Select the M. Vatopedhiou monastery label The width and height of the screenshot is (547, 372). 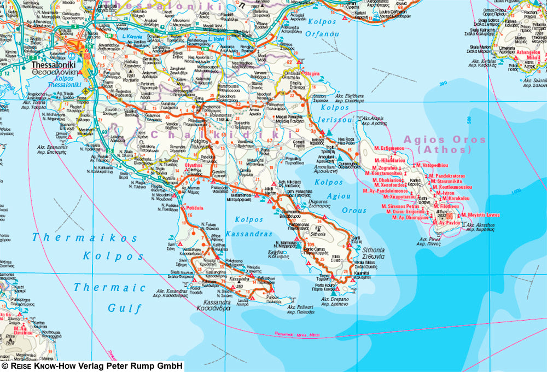pos(432,165)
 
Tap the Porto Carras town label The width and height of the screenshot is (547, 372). pos(316,251)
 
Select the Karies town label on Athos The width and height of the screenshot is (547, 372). pos(416,179)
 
